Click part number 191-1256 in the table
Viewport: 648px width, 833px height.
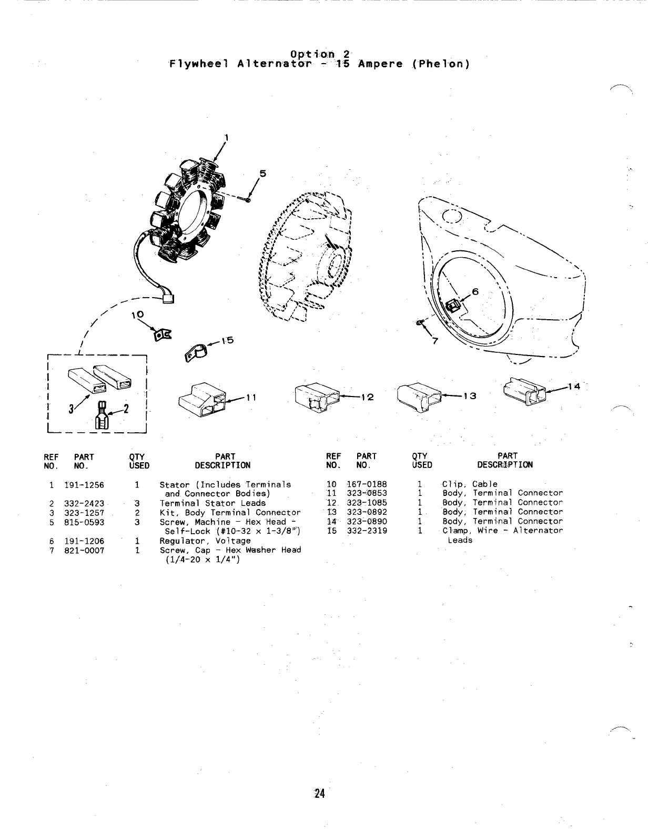point(84,485)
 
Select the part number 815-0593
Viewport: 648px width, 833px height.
point(84,522)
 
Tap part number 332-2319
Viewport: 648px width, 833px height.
point(367,531)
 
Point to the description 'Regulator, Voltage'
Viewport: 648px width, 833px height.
point(205,541)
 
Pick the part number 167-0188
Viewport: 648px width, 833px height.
point(367,484)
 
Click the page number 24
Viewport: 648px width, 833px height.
point(319,794)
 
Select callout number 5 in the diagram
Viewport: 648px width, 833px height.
point(263,174)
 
